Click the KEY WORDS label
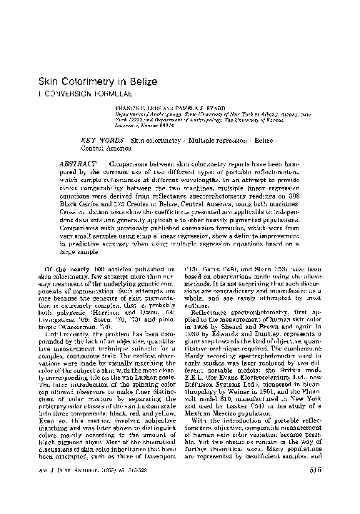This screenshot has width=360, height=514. coord(103,138)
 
